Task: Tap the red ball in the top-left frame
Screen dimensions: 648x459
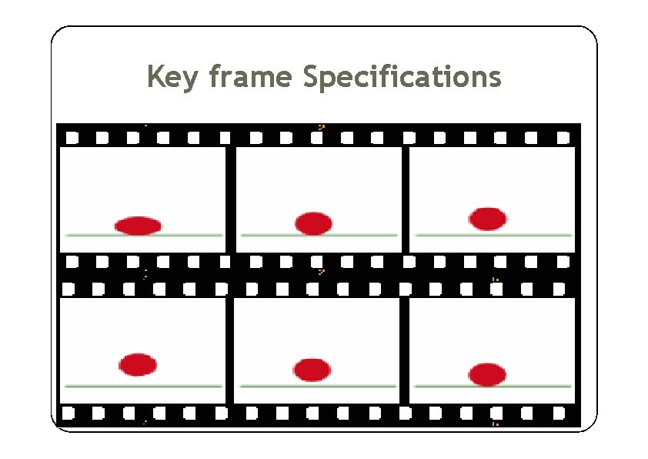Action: point(139,226)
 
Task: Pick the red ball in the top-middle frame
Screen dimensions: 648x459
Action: point(313,223)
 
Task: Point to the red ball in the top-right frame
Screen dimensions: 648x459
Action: point(487,219)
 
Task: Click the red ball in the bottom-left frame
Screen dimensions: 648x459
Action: point(138,364)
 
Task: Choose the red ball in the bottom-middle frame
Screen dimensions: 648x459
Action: point(312,370)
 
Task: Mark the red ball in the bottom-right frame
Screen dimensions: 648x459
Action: point(487,374)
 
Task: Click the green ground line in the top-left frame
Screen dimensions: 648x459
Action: point(192,234)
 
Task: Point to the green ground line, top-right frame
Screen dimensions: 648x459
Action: point(539,234)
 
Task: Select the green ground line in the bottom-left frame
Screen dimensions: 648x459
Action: point(192,385)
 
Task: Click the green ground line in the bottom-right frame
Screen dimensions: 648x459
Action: point(539,385)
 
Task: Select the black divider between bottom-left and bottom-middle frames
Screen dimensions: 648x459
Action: point(230,350)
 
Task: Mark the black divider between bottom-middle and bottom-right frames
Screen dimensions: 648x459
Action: point(405,350)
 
